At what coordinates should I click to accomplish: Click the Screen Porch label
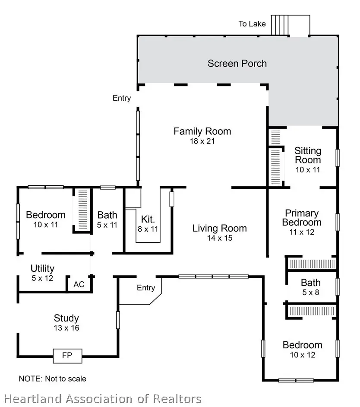tap(237, 64)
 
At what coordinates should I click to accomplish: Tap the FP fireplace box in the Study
tap(67, 356)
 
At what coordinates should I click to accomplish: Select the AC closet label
tap(79, 285)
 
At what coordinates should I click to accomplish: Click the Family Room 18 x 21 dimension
tap(202, 141)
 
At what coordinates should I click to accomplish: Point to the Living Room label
tap(219, 228)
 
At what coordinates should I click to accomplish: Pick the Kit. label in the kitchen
tap(148, 219)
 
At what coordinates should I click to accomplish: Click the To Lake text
tap(253, 24)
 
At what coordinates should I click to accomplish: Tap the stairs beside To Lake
tap(279, 25)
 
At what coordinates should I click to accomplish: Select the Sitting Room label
tap(308, 156)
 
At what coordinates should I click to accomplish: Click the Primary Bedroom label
tap(302, 218)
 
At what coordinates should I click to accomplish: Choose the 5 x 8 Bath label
tap(311, 283)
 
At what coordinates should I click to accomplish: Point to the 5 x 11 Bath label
tap(107, 215)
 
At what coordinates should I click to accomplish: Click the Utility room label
tap(42, 269)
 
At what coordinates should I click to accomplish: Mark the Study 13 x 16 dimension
tap(66, 328)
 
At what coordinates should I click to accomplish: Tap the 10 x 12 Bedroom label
tap(302, 345)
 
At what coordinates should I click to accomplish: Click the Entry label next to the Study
tap(146, 288)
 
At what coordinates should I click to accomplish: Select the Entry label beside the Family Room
tap(122, 98)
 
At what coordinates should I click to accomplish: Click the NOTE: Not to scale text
tap(53, 379)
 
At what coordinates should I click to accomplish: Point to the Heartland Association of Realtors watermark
tap(103, 399)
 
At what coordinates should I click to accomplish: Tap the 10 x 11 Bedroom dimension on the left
tap(46, 225)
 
